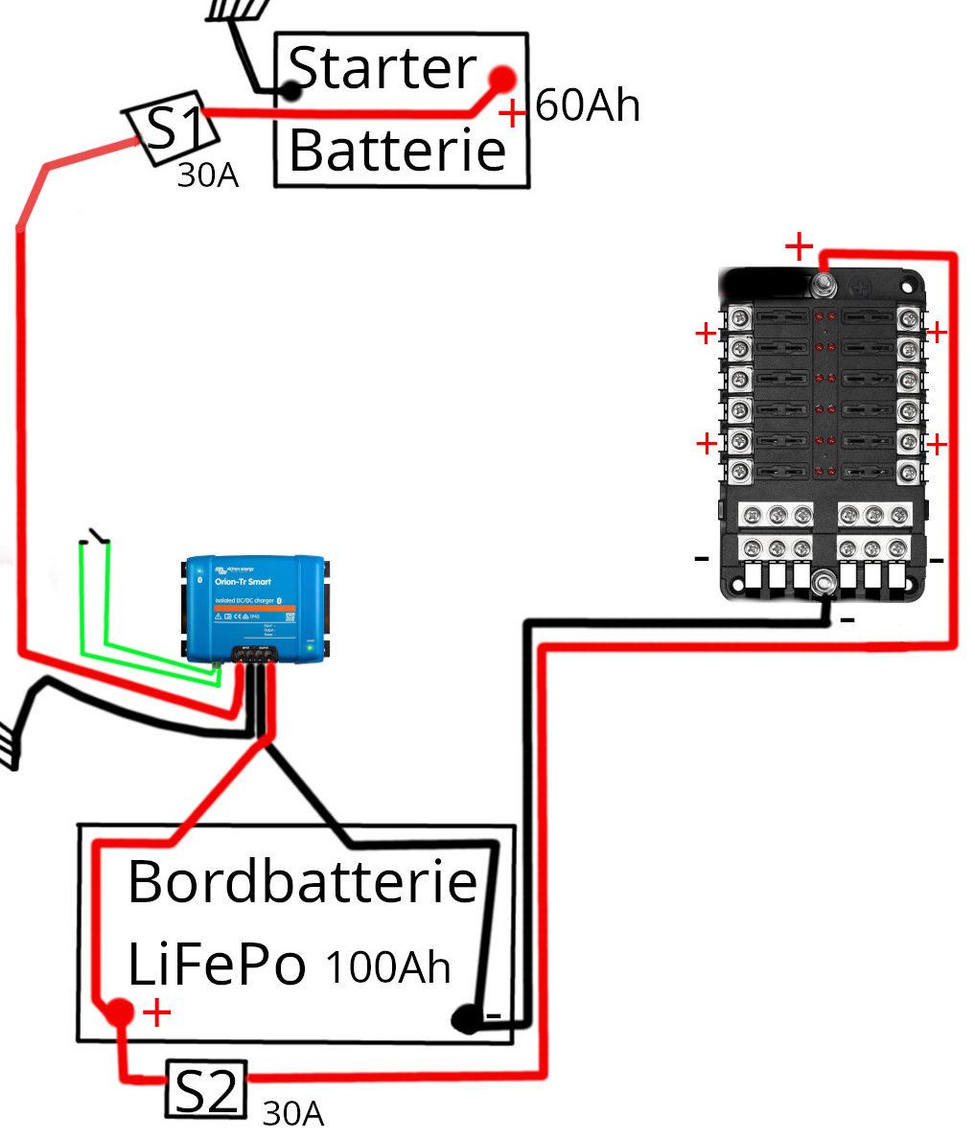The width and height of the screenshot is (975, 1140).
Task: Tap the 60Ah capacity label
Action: pyautogui.click(x=587, y=105)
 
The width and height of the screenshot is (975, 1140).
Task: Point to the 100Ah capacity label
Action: pyautogui.click(x=388, y=967)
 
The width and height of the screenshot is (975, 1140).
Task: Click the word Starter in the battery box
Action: pyautogui.click(x=382, y=69)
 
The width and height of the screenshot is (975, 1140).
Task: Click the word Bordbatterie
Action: pyautogui.click(x=302, y=882)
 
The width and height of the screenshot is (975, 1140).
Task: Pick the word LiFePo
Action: pyautogui.click(x=217, y=966)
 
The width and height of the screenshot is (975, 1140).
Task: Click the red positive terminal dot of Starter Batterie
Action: pyautogui.click(x=502, y=79)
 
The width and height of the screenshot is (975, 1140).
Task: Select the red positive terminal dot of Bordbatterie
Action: pyautogui.click(x=119, y=1012)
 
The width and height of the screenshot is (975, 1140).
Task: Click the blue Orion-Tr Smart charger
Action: pyautogui.click(x=254, y=608)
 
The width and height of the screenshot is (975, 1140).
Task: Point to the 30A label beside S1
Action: pyautogui.click(x=207, y=176)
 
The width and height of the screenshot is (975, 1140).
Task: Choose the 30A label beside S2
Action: pyautogui.click(x=292, y=1113)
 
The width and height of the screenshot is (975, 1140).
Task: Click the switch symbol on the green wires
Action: pyautogui.click(x=95, y=537)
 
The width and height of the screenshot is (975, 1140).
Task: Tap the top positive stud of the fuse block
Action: pyautogui.click(x=823, y=286)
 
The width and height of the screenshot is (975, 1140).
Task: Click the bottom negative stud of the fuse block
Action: pyautogui.click(x=823, y=581)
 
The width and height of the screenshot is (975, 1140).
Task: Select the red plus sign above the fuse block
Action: pyautogui.click(x=799, y=246)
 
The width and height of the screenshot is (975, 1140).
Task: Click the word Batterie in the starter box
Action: pyautogui.click(x=397, y=151)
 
